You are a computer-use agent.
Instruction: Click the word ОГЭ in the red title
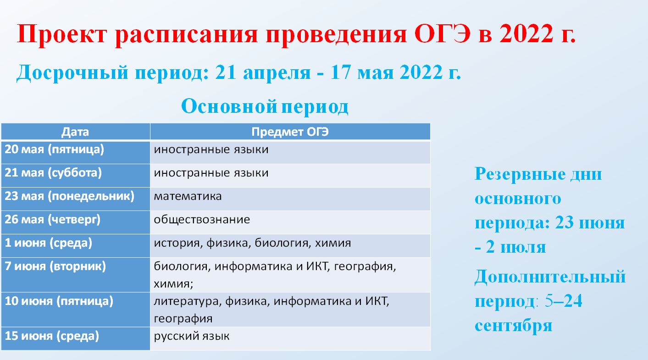click(x=442, y=34)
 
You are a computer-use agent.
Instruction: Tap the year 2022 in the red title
click(x=526, y=34)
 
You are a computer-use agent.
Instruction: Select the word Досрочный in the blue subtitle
click(x=72, y=72)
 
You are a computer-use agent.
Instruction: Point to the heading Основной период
click(x=265, y=106)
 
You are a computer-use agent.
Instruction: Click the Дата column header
click(x=75, y=132)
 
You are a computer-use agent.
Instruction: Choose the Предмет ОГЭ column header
click(x=290, y=132)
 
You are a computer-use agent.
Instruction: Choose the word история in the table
click(x=177, y=244)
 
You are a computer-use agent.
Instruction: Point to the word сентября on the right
click(x=514, y=326)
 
